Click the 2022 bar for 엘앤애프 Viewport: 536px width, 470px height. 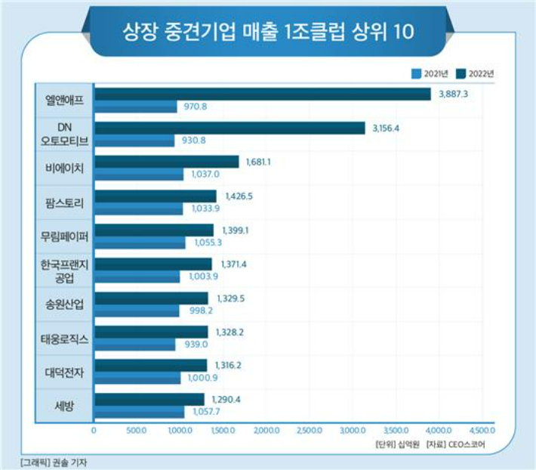click(262, 94)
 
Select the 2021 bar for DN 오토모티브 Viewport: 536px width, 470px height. click(134, 141)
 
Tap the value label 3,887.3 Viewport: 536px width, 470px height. click(454, 94)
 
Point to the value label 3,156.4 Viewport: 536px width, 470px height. click(386, 128)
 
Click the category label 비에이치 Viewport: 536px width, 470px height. click(64, 168)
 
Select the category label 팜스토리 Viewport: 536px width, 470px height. click(64, 203)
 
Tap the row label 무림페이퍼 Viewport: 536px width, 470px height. click(64, 237)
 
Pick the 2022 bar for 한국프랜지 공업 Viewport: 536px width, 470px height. click(153, 264)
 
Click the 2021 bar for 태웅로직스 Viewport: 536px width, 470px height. click(134, 344)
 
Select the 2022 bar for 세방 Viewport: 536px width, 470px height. click(149, 398)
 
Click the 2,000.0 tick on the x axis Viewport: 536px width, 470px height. click(266, 431)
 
